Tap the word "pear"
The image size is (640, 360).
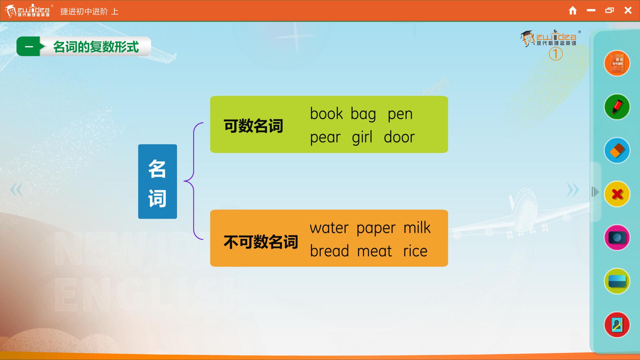pos(325,137)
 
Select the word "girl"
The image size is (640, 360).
pos(362,137)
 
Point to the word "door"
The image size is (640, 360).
pos(399,137)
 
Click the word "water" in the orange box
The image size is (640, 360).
pos(329,228)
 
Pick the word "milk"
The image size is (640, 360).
pos(417,227)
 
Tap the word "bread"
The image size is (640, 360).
pos(329,251)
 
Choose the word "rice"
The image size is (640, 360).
pos(415,251)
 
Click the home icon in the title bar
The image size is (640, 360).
pos(573,11)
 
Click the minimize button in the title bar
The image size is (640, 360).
pos(591,10)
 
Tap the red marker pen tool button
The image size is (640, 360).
pos(617,107)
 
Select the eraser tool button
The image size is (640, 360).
pos(617,150)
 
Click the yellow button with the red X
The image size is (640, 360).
pos(617,194)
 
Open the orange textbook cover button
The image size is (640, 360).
pos(617,63)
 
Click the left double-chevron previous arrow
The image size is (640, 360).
pos(16,190)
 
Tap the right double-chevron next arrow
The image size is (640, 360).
pos(573,190)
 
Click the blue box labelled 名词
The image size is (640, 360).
pos(157,181)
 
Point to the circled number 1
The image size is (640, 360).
pos(556,54)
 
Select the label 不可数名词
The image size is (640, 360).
pos(261,242)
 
